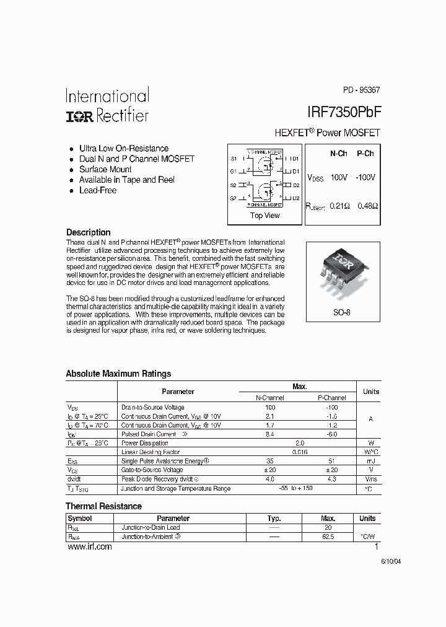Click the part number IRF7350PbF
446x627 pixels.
pos(343,112)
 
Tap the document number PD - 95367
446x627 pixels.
pos(361,90)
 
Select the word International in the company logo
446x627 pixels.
pos(107,96)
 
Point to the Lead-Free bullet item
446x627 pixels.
pos(97,190)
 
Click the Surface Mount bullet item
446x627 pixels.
pos(105,169)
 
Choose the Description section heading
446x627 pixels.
pos(88,232)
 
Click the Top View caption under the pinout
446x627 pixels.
pos(265,216)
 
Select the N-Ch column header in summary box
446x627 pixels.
pos(338,154)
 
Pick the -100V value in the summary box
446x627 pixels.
pos(365,178)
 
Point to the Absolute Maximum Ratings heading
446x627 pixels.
pos(118,374)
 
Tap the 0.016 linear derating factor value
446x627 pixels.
pos(299,452)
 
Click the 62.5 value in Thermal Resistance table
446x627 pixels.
pos(328,537)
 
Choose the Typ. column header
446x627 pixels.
pos(274,519)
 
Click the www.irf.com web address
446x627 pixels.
pos(89,546)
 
